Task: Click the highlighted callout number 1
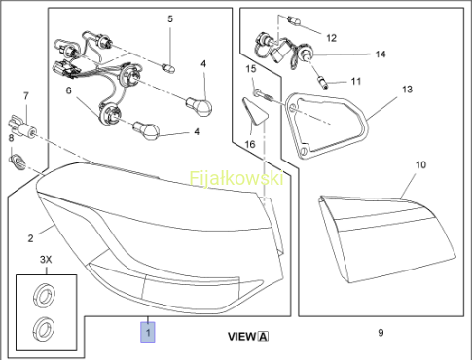coord(148,332)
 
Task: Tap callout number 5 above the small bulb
coord(170,19)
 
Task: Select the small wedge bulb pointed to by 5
coord(168,68)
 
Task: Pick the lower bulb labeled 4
coord(146,130)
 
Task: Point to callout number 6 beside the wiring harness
coord(68,90)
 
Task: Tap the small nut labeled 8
coord(18,162)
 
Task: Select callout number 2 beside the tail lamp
coord(30,238)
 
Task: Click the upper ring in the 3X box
coord(44,294)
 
